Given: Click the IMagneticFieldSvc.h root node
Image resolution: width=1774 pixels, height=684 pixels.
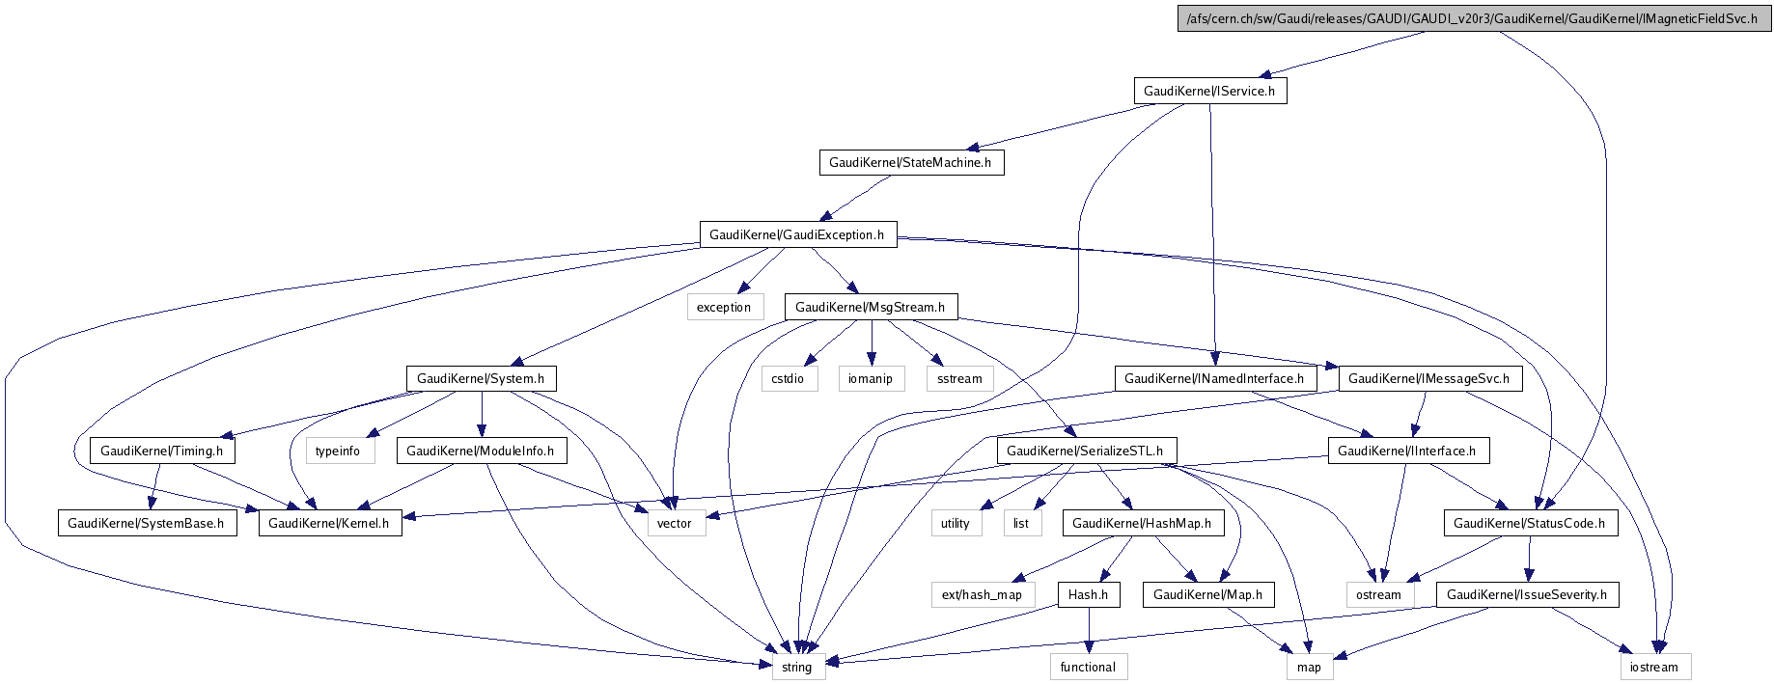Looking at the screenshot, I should coord(1474,18).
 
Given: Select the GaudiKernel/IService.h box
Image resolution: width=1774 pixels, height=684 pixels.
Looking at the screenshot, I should coord(1209,91).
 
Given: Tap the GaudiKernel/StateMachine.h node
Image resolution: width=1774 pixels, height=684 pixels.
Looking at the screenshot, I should coord(910,162).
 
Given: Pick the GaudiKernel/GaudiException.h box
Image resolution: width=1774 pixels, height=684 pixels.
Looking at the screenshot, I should coord(797,234).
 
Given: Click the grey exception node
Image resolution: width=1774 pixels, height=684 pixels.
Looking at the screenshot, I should coord(724,307).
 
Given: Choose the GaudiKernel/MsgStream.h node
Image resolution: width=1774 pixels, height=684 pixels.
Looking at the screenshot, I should coord(871,307).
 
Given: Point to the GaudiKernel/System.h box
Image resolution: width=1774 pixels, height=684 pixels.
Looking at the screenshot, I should coord(481,378).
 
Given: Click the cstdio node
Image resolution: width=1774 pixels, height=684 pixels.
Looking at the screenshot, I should coord(788,378).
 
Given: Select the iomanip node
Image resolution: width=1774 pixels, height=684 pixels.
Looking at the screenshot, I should coord(871,378).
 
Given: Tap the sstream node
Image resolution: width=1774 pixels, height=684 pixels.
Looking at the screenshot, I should coord(959,378).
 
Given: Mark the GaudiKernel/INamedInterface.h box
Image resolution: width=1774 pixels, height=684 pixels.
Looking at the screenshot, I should coord(1214,378).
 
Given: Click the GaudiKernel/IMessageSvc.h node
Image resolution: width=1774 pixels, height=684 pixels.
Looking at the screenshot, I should coord(1429,378).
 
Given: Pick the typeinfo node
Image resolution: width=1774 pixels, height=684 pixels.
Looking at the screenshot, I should coord(338,451).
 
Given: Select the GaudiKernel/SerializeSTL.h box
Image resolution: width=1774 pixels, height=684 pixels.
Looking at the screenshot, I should coord(1085,451).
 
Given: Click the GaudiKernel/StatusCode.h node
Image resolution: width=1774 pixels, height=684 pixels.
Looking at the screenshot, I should coord(1530,523).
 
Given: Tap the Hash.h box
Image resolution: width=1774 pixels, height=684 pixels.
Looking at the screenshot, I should coord(1088,594).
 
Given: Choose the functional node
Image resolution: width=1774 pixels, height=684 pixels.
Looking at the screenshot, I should coord(1088,667).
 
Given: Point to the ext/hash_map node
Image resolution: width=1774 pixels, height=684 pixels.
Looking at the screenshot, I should coord(982,594).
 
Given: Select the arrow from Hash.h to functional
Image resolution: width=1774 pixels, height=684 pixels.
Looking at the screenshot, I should coord(1088,631).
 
